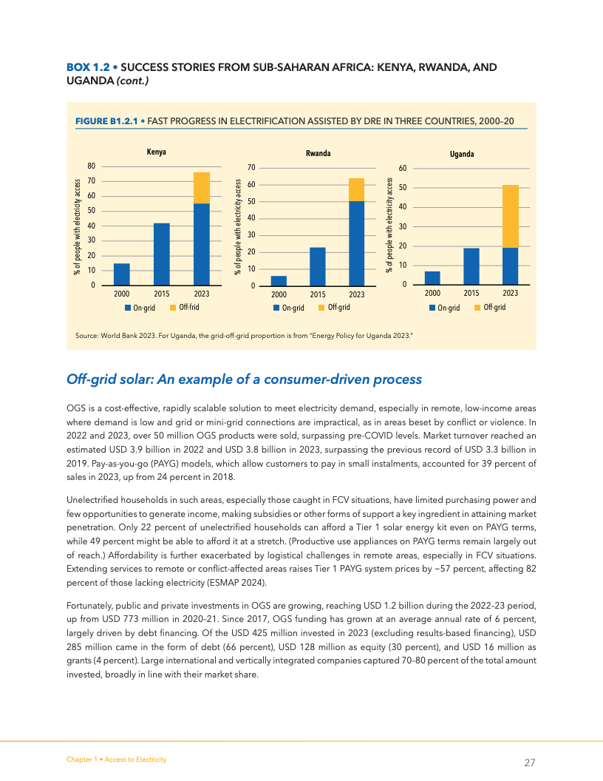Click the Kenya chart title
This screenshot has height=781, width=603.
click(156, 152)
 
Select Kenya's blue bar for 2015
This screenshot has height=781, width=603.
click(161, 254)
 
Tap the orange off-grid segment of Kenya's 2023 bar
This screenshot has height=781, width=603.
click(201, 188)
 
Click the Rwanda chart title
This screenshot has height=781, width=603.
click(318, 153)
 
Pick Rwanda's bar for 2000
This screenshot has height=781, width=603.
click(279, 280)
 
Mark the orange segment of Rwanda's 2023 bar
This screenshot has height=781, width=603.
click(357, 189)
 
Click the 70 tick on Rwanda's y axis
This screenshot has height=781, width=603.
click(251, 168)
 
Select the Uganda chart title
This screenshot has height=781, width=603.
click(462, 155)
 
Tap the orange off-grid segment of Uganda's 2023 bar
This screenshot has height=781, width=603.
click(510, 216)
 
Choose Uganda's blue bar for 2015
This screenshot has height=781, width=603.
click(471, 266)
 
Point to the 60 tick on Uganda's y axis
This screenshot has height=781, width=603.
click(402, 169)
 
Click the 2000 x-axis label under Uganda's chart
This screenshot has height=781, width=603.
click(432, 293)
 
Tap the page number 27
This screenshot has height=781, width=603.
click(530, 763)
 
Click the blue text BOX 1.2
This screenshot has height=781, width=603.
click(88, 67)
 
